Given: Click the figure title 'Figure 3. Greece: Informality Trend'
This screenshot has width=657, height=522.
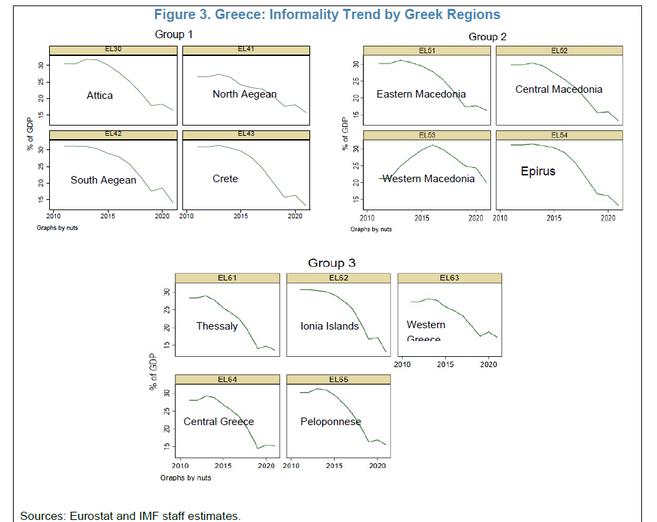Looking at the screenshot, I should pyautogui.click(x=327, y=14).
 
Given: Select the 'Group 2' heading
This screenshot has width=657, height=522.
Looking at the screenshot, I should pyautogui.click(x=487, y=36).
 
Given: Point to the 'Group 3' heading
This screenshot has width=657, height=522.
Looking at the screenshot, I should pyautogui.click(x=331, y=263).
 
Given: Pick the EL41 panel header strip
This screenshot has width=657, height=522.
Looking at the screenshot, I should pyautogui.click(x=246, y=50).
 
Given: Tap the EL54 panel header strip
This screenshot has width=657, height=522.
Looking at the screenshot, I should pyautogui.click(x=559, y=135).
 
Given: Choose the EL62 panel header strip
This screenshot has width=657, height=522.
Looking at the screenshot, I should pyautogui.click(x=339, y=278).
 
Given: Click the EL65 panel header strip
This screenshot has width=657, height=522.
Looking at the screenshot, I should pyautogui.click(x=339, y=379).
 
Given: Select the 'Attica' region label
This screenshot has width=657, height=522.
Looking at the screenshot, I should pyautogui.click(x=100, y=96).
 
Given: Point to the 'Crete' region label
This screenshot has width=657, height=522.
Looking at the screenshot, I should pyautogui.click(x=225, y=179).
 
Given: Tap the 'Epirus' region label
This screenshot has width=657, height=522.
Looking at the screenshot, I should pyautogui.click(x=538, y=171).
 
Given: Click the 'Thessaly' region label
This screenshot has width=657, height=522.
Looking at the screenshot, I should pyautogui.click(x=217, y=326).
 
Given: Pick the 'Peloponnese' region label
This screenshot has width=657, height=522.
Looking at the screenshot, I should pyautogui.click(x=331, y=422).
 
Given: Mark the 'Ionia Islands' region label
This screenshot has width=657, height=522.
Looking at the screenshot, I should pyautogui.click(x=330, y=326).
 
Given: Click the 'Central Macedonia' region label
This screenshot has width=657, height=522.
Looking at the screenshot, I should pyautogui.click(x=559, y=89).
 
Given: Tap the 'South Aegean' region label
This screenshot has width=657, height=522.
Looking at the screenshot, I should pyautogui.click(x=103, y=180).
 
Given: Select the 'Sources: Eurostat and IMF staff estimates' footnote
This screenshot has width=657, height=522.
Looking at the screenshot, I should pyautogui.click(x=130, y=515).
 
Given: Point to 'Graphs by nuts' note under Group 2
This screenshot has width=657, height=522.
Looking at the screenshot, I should pyautogui.click(x=371, y=229).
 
